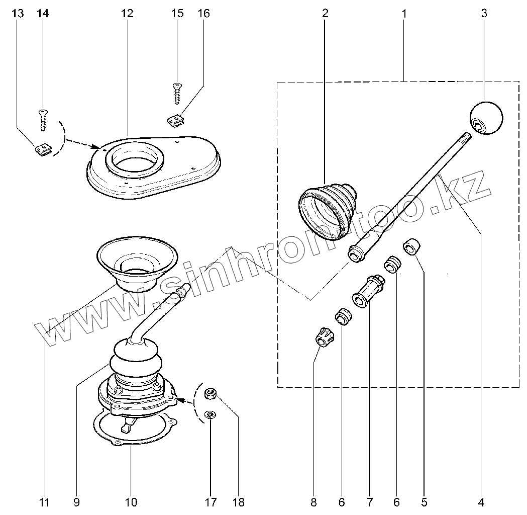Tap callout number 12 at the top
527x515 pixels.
pyautogui.click(x=127, y=14)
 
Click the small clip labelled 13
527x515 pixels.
pyautogui.click(x=44, y=149)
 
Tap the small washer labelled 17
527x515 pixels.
pyautogui.click(x=210, y=415)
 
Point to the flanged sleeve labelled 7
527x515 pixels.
pyautogui.click(x=369, y=291)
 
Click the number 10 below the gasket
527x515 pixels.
pyautogui.click(x=131, y=501)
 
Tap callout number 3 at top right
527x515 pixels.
pyautogui.click(x=484, y=14)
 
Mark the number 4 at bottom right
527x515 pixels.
pyautogui.click(x=481, y=501)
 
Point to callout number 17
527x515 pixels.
pyautogui.click(x=210, y=501)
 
